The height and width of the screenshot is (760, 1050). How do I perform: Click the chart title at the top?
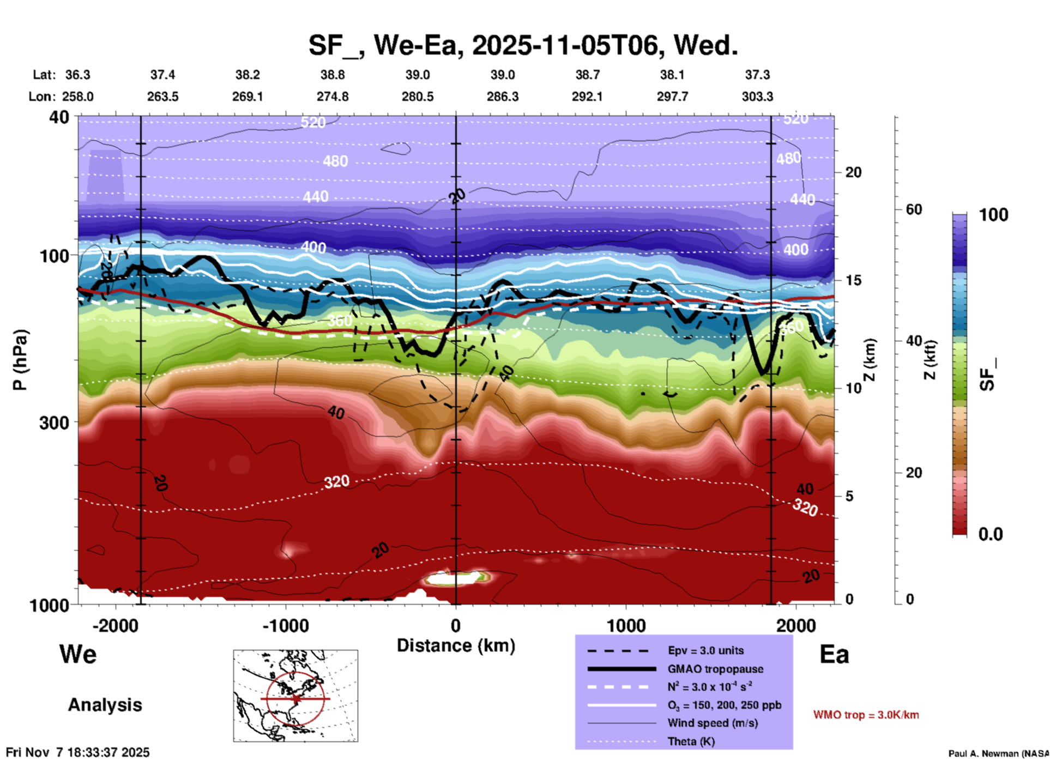(x=523, y=45)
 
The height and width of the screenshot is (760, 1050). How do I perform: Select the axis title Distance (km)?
(x=456, y=646)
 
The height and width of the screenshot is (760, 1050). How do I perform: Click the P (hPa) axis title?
(x=20, y=359)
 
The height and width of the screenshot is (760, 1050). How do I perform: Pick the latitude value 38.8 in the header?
(x=332, y=75)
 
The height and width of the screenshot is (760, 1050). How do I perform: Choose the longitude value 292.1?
(x=587, y=96)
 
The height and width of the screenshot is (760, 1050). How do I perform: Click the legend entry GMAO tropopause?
(x=715, y=669)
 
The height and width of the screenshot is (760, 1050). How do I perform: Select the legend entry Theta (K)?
(x=691, y=741)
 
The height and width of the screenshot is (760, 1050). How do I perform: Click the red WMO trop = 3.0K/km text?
(x=866, y=715)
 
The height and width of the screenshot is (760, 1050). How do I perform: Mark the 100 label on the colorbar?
(x=993, y=215)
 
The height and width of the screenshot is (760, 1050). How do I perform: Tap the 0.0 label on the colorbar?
(x=991, y=534)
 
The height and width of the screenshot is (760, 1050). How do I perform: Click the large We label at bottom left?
(x=78, y=654)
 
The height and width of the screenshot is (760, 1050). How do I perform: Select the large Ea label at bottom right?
(x=834, y=654)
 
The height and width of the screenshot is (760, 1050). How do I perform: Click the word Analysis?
(x=105, y=705)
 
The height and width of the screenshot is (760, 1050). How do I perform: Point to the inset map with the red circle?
(x=295, y=696)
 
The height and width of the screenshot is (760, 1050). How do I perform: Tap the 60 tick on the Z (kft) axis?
(x=914, y=209)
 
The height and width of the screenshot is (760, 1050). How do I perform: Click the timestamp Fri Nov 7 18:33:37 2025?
(x=77, y=752)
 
